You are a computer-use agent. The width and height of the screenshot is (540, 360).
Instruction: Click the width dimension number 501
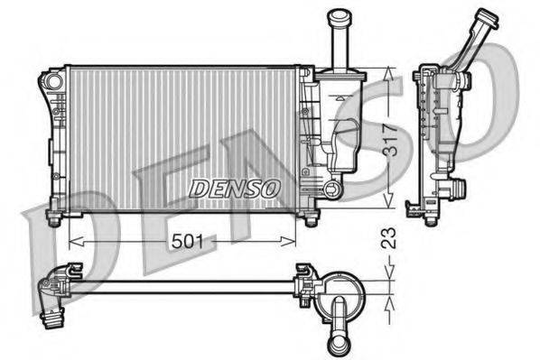pos(186,241)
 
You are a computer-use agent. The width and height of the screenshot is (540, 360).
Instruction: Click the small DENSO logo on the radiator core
pos(236,188)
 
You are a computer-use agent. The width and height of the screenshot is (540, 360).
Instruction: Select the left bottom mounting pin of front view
pos(53,218)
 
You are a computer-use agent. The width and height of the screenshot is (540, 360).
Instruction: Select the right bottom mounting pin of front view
pos(311,219)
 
